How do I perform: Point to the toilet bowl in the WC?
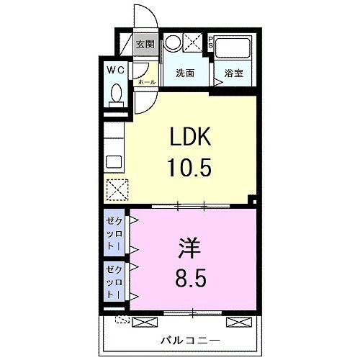click(115, 95)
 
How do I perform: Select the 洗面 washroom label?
click(185, 73)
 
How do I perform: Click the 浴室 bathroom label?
click(233, 73)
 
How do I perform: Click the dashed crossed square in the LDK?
click(116, 189)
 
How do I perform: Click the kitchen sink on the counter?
click(114, 161)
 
